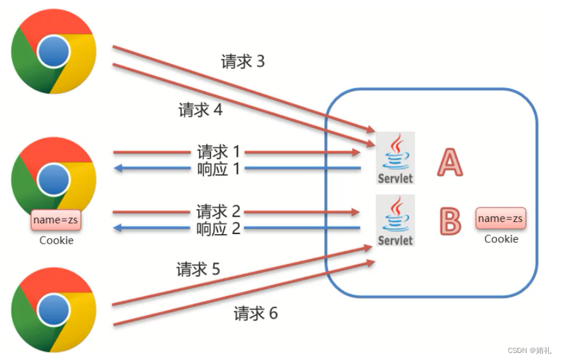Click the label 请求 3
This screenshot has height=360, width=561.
(x=242, y=61)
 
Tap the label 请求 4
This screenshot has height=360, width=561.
(x=200, y=110)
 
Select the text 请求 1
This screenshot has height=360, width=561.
(x=219, y=152)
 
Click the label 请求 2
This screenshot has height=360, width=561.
(x=219, y=212)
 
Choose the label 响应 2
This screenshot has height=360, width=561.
(x=219, y=228)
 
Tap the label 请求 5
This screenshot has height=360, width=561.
(x=198, y=270)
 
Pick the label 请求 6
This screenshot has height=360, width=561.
(x=255, y=313)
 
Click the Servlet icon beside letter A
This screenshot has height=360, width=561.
(x=395, y=158)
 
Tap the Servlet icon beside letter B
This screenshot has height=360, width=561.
(x=395, y=221)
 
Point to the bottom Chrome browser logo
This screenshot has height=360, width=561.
(x=54, y=310)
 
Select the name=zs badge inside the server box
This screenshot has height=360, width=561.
(x=501, y=219)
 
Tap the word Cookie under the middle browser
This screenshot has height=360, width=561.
(x=56, y=241)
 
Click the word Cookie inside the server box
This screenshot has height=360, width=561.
(x=501, y=239)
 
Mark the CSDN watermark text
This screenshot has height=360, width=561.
(x=530, y=350)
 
